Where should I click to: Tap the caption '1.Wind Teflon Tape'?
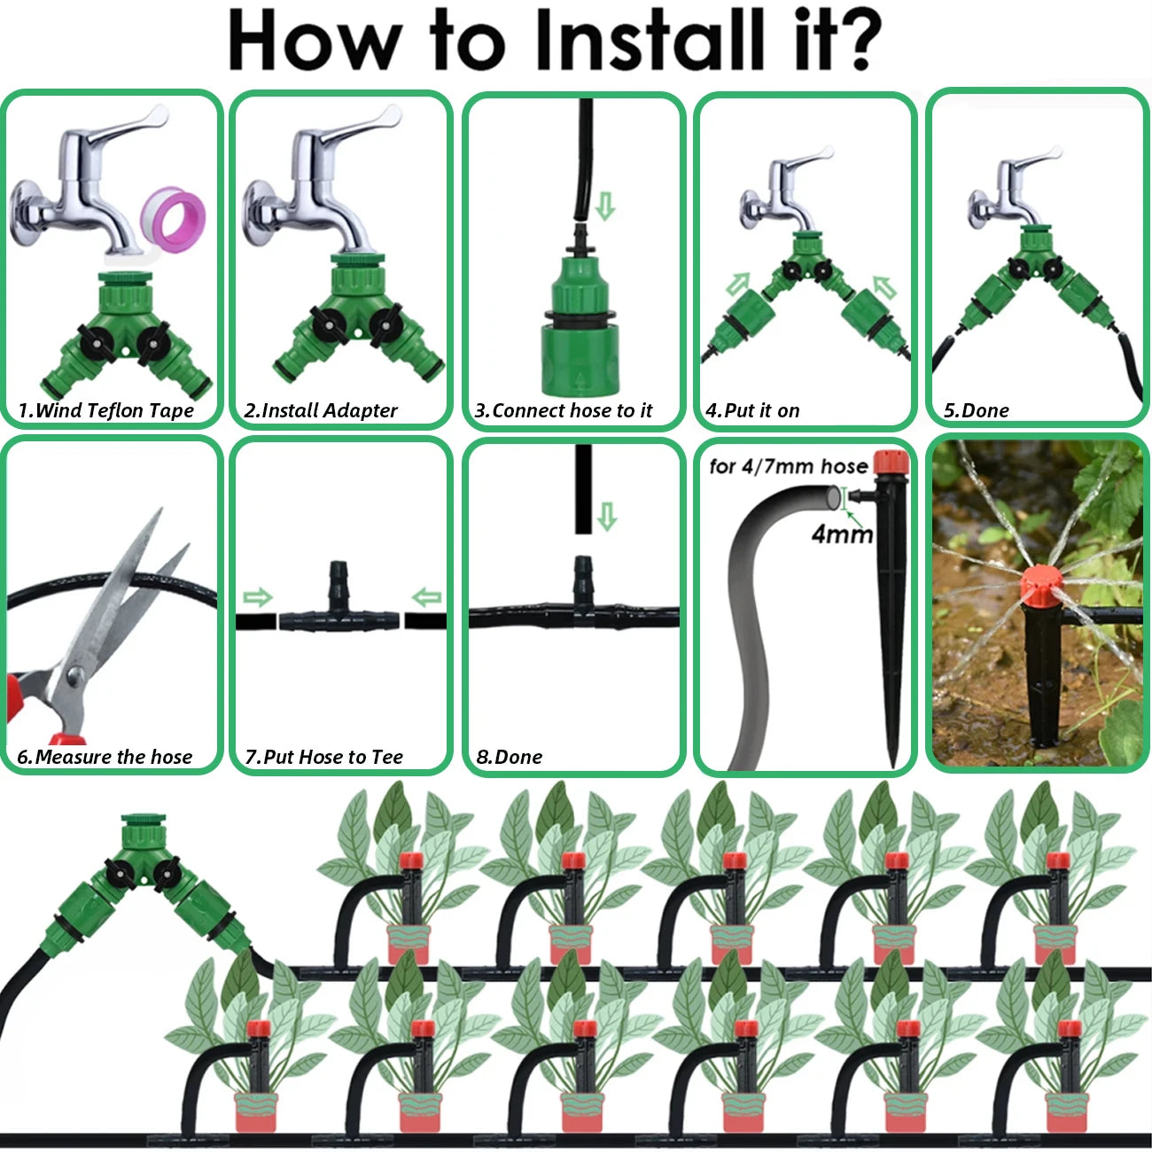[105, 410]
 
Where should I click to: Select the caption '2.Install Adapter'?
[321, 410]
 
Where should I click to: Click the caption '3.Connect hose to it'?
[564, 410]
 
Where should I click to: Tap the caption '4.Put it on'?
[752, 410]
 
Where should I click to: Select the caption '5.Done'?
[976, 410]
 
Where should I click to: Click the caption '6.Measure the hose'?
[105, 757]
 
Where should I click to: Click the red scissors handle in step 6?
[35, 700]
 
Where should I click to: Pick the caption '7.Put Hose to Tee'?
[323, 757]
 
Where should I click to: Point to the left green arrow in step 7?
[256, 598]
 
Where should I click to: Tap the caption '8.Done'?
[509, 757]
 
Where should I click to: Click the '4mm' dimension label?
[842, 533]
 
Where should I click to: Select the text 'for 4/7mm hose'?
[788, 466]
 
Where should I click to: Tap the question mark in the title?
[852, 41]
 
